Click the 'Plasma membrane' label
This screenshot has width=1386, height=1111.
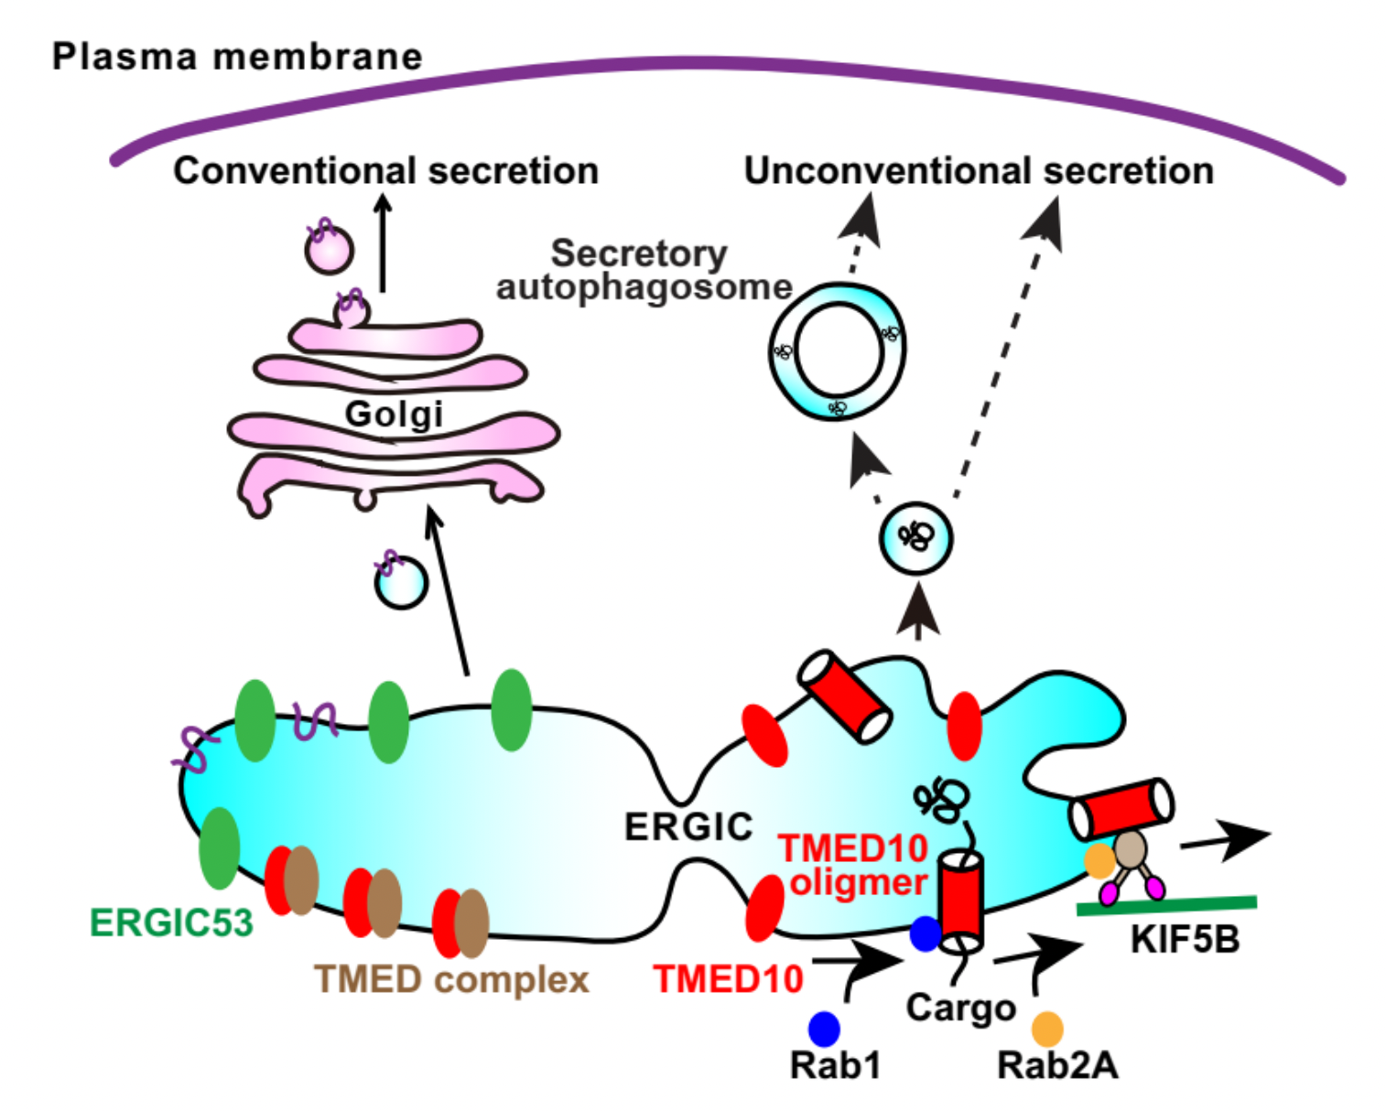[x=237, y=57]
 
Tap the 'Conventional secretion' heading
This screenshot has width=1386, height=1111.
[x=385, y=171]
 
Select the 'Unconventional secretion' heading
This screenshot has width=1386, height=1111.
[x=979, y=171]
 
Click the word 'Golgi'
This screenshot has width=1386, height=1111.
[x=394, y=414]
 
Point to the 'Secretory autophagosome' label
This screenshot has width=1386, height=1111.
[x=643, y=270]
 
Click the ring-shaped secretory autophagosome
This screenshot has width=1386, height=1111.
[x=837, y=351]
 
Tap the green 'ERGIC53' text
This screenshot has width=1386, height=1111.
[x=171, y=922]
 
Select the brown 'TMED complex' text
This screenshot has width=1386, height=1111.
[x=451, y=979]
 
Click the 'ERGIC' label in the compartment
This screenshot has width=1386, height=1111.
[x=688, y=827]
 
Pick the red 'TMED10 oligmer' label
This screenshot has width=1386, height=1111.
[x=854, y=866]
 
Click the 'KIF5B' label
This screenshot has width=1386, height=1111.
[x=1185, y=940]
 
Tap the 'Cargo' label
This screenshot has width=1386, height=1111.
[x=960, y=1008]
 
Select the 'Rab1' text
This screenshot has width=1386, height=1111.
[x=835, y=1065]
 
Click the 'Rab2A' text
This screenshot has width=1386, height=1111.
[x=1057, y=1065]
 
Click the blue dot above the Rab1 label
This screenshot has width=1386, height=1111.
[x=824, y=1029]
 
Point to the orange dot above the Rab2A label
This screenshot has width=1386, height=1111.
[x=1047, y=1029]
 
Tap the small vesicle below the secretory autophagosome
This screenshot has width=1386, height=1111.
[x=915, y=538]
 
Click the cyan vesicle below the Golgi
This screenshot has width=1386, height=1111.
[x=401, y=582]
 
